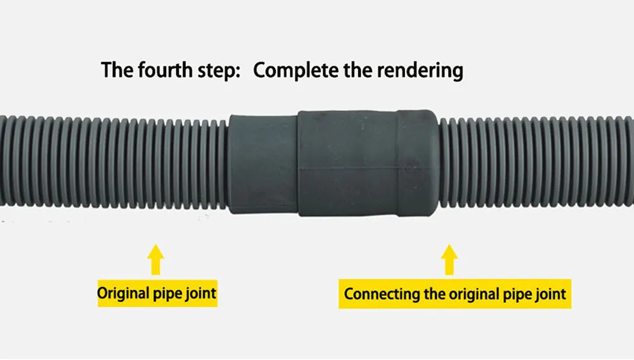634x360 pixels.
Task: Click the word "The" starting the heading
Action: [117, 70]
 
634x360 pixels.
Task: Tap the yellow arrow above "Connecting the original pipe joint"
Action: [450, 260]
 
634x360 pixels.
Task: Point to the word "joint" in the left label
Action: [198, 293]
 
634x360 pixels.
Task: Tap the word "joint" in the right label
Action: [550, 294]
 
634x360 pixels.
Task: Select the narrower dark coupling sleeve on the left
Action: [263, 164]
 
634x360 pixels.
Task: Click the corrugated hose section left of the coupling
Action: [114, 164]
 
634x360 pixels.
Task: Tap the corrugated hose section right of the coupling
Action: [536, 164]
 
